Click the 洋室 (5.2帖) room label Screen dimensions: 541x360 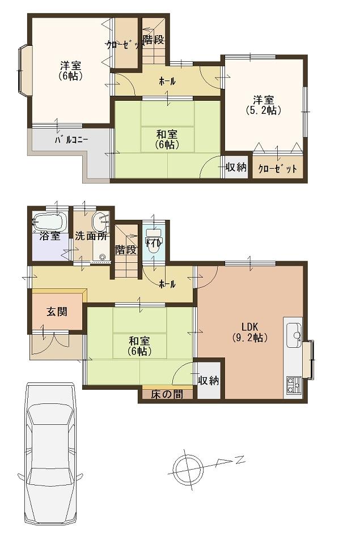coord(264,105)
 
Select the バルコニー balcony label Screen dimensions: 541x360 coord(71,140)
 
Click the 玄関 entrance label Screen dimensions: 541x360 coord(57,312)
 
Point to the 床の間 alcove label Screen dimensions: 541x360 coord(167,394)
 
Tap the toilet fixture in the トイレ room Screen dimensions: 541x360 coord(153,241)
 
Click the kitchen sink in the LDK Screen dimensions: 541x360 coord(294,336)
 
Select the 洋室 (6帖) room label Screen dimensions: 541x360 coord(71,70)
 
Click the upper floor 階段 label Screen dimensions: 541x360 coord(153,40)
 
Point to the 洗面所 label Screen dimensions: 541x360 coord(92,236)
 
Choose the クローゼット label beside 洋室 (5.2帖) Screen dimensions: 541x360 coord(278,168)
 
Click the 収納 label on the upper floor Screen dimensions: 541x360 coord(236,167)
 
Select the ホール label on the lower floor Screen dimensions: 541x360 coord(167,284)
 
